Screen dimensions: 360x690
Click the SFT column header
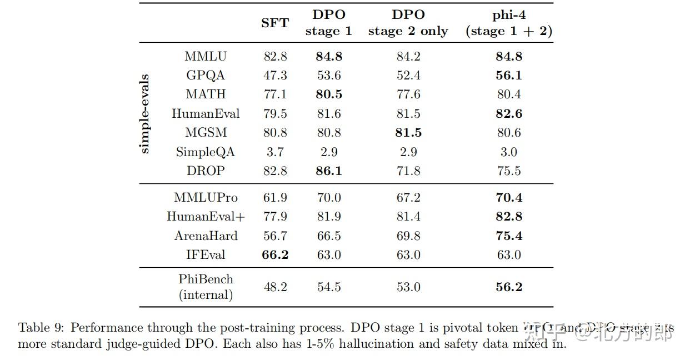click(275, 23)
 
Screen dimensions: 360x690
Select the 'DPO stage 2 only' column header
click(408, 23)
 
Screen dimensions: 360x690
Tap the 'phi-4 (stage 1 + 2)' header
click(509, 23)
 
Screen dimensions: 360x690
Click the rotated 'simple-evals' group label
click(144, 113)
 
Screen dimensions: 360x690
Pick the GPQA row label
click(206, 76)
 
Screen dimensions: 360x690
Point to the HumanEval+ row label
click(206, 217)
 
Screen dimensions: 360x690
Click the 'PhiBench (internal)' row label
click(206, 287)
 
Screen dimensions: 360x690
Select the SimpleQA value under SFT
click(275, 152)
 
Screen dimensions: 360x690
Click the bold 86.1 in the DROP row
click(328, 171)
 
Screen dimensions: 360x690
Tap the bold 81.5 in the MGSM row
click(408, 133)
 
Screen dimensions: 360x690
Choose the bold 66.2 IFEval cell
click(275, 254)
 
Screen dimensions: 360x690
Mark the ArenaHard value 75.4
click(509, 236)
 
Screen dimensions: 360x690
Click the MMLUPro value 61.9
click(275, 198)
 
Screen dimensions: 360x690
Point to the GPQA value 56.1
click(509, 76)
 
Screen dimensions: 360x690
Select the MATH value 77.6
click(408, 94)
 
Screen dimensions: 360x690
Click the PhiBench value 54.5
click(328, 287)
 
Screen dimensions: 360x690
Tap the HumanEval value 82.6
click(509, 114)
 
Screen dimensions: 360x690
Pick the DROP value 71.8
click(408, 171)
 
